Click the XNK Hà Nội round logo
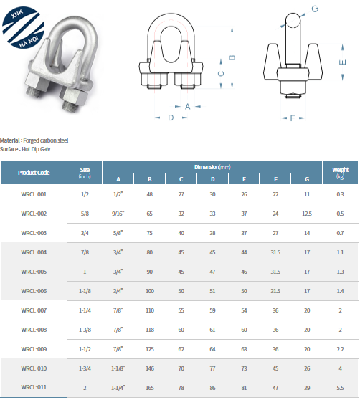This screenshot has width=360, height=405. click(x=23, y=27)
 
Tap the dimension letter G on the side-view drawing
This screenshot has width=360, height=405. click(x=315, y=9)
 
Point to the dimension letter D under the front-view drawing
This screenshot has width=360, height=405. click(x=171, y=118)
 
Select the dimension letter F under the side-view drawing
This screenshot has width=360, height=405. click(x=293, y=118)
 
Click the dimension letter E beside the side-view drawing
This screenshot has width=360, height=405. click(x=342, y=62)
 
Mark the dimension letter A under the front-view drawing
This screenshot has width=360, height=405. click(x=188, y=106)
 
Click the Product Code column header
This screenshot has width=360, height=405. click(x=34, y=173)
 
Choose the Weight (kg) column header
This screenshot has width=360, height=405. click(x=341, y=173)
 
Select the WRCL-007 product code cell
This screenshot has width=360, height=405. click(x=34, y=310)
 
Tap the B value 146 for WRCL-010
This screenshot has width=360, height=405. click(x=150, y=368)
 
